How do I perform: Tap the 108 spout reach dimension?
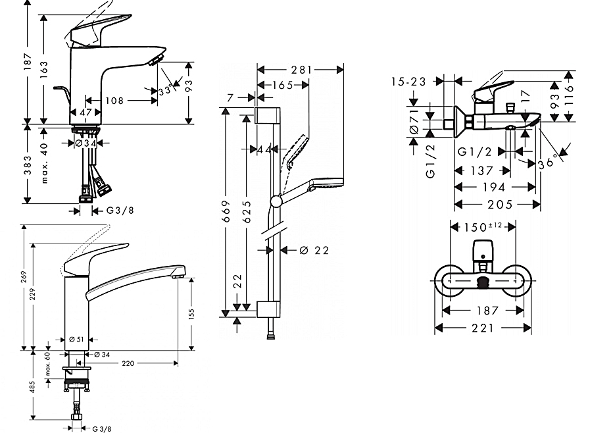(114, 101)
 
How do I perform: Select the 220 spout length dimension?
(128, 363)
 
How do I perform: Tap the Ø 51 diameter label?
(75, 340)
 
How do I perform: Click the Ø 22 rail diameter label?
(314, 250)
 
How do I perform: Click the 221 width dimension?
(483, 328)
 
